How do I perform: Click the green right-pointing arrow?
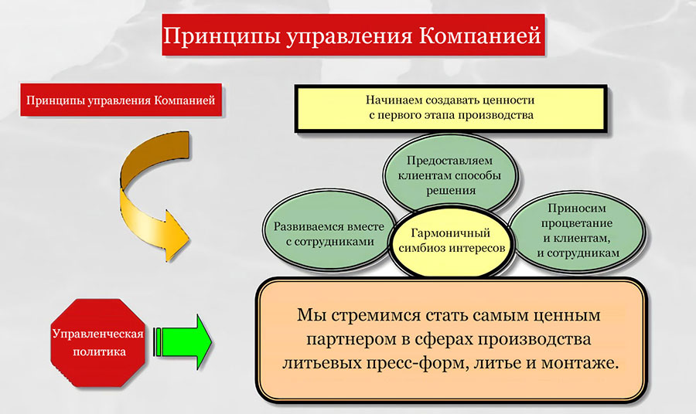click(x=183, y=342)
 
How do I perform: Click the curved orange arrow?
click(x=133, y=195)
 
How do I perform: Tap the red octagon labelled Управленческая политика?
click(x=98, y=343)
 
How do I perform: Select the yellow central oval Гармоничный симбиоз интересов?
click(x=452, y=240)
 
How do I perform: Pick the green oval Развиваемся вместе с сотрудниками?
click(x=329, y=233)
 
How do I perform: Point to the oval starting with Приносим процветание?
click(x=577, y=230)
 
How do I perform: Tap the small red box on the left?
click(x=121, y=100)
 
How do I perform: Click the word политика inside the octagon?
click(x=99, y=352)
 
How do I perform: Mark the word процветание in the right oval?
click(x=577, y=223)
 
